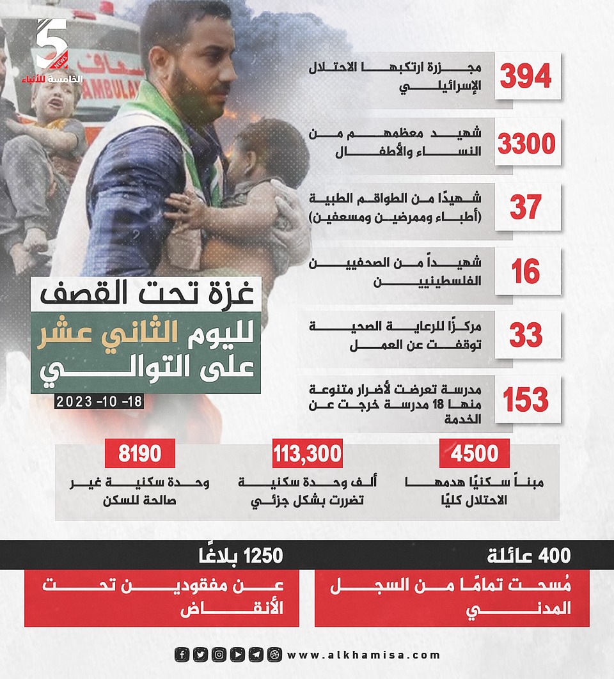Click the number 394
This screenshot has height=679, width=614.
click(526, 77)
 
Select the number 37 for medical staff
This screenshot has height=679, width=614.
click(526, 207)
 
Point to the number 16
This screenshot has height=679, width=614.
click(526, 271)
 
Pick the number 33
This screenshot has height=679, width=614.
click(526, 335)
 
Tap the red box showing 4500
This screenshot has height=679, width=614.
click(474, 454)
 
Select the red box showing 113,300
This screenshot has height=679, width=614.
click(308, 454)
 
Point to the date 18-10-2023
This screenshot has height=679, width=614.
click(98, 402)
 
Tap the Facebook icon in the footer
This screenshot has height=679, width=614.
click(182, 655)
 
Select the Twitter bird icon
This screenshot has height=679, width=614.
click(200, 655)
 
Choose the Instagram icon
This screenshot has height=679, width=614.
click(219, 655)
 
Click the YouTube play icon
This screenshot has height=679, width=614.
click(237, 655)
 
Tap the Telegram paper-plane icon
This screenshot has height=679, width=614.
click(256, 655)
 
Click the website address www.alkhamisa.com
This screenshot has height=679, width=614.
click(364, 655)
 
